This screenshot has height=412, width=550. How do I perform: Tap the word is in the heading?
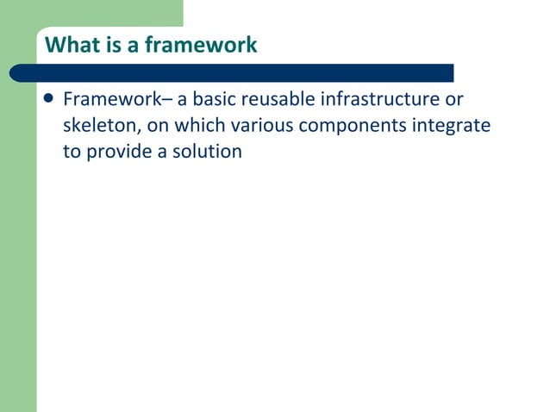109,45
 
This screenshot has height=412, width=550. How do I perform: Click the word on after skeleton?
158,126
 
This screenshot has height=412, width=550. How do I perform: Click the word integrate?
453,127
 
